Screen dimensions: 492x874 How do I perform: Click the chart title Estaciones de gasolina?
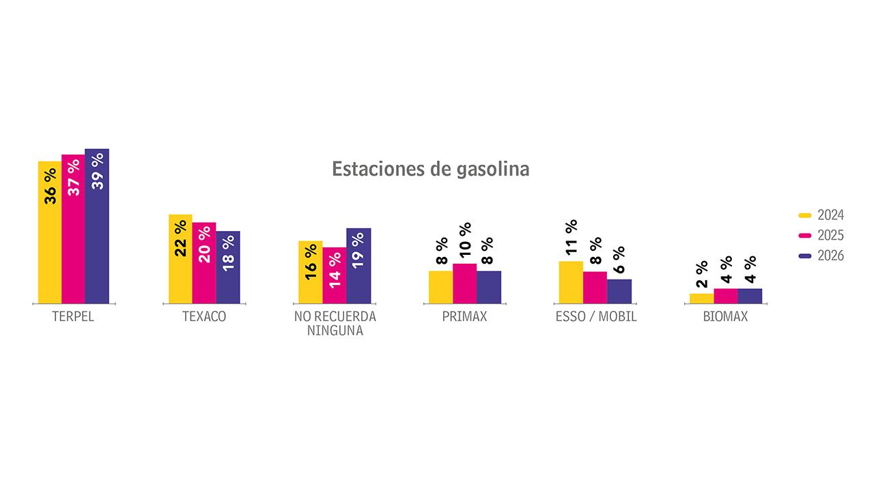tap(430, 169)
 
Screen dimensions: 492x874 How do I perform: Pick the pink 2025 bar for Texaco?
tap(204, 263)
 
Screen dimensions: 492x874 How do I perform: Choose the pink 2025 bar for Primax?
tap(464, 284)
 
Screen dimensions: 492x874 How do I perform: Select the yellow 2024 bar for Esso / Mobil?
tap(571, 282)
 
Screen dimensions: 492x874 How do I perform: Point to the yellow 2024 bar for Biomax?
tap(701, 298)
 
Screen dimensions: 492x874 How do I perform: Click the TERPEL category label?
tap(73, 317)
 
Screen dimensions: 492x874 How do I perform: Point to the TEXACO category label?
tap(204, 317)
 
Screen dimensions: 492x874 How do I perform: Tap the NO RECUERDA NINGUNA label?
tap(335, 324)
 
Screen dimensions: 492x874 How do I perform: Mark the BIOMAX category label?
tap(725, 317)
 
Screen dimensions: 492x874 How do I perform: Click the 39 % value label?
tap(98, 171)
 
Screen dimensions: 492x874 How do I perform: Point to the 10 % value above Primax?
tap(465, 241)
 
